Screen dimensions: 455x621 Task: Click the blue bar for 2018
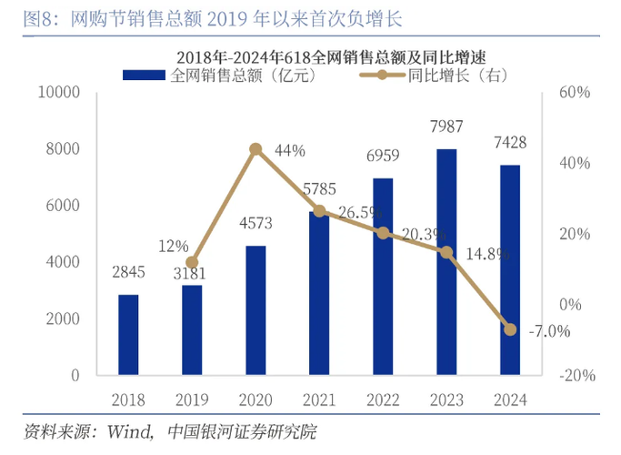(128, 334)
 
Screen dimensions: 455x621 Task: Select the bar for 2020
(255, 309)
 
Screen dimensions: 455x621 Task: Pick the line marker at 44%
(255, 148)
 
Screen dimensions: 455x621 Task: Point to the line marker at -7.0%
(510, 329)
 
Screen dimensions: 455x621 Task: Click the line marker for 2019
(192, 262)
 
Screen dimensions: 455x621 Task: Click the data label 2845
(128, 273)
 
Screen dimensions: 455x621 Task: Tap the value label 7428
(510, 143)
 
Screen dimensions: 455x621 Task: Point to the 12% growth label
(173, 246)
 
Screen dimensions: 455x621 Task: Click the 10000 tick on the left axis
(59, 93)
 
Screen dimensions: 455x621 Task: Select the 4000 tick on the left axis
(64, 262)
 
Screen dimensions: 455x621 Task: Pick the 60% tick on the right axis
(576, 93)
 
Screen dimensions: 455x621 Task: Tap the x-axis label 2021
(319, 399)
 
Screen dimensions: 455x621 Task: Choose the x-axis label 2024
(510, 399)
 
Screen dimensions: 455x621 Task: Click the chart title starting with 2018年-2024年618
(318, 57)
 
